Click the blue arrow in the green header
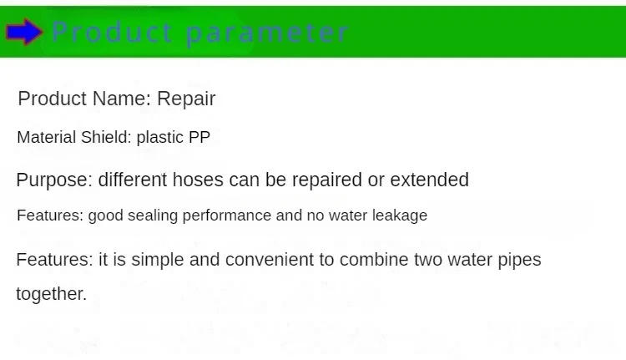coord(24,33)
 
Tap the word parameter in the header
coord(266,33)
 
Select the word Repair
coord(186,99)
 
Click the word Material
coord(46,137)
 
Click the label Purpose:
coord(54,180)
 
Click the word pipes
coord(520,260)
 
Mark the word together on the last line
coord(51,294)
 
